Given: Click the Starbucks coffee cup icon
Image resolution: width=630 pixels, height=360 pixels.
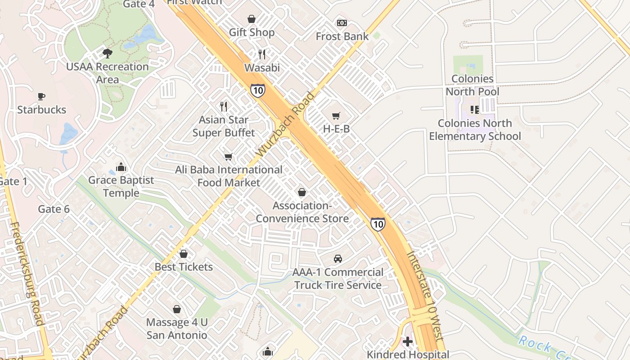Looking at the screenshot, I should click(x=41, y=96).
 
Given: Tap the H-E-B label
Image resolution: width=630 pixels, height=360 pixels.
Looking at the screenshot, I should click(x=336, y=129).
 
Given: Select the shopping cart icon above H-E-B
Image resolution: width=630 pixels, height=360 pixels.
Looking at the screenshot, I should click(x=336, y=116).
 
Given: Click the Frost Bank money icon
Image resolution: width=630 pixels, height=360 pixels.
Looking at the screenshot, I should click(x=342, y=23).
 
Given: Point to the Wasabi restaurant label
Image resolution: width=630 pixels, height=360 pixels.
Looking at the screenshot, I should click(x=262, y=68).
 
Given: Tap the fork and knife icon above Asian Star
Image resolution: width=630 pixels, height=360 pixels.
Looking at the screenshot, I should click(x=224, y=107).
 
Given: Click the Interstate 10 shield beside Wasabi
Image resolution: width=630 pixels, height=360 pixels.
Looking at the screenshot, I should click(x=258, y=90).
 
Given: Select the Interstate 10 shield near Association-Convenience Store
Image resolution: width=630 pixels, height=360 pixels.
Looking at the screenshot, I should click(x=378, y=224).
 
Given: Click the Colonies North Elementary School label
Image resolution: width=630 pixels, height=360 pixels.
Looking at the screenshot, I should click(x=475, y=130).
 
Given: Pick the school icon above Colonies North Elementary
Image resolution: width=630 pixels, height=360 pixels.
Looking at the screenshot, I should click(x=474, y=110).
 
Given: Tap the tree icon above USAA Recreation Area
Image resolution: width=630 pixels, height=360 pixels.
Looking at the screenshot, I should click(x=107, y=54).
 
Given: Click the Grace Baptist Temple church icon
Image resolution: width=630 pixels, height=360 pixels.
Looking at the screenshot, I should click(x=121, y=167).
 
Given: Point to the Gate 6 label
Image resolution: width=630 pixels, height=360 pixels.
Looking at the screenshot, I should click(x=54, y=209).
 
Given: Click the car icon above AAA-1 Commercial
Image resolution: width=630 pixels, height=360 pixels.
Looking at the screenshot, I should click(x=337, y=259).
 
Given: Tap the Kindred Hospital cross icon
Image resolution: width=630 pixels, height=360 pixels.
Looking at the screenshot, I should click(x=408, y=342).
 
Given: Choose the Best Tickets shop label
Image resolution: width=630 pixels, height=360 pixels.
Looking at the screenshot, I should click(x=184, y=267).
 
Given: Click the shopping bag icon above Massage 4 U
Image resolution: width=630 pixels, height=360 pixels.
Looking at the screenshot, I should click(x=177, y=309).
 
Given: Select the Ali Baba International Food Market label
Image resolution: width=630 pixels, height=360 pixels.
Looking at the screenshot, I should click(x=229, y=176).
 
